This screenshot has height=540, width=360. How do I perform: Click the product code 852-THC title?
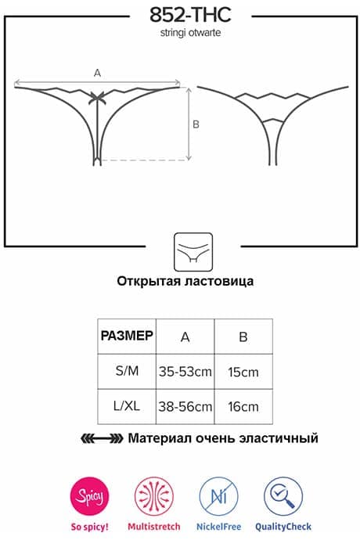[190, 15]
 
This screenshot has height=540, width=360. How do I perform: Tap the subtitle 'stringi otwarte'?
[190, 33]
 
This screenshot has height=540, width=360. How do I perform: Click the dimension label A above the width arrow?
[98, 73]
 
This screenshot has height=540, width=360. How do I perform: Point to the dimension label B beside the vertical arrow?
[196, 124]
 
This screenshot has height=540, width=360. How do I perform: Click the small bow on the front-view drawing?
[97, 98]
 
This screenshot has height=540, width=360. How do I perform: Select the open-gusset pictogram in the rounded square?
[193, 252]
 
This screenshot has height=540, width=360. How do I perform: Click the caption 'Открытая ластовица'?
[185, 281]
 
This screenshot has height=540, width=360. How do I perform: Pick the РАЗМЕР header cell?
[127, 336]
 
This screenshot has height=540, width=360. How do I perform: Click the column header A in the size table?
[185, 337]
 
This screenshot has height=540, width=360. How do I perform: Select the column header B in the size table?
[243, 337]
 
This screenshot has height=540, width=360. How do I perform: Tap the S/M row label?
[127, 371]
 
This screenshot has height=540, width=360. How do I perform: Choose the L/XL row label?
[127, 406]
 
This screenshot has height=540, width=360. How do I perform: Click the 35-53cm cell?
[185, 372]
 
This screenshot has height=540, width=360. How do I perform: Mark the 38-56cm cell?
[185, 407]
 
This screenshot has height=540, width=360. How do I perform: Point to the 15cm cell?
[243, 373]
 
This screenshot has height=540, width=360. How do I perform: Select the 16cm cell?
[243, 407]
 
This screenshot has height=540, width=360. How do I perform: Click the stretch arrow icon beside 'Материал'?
[102, 438]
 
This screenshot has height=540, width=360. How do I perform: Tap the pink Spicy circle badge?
[89, 496]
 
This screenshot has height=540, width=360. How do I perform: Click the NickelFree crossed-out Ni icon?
[219, 496]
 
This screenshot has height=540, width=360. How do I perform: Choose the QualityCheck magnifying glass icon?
[283, 496]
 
